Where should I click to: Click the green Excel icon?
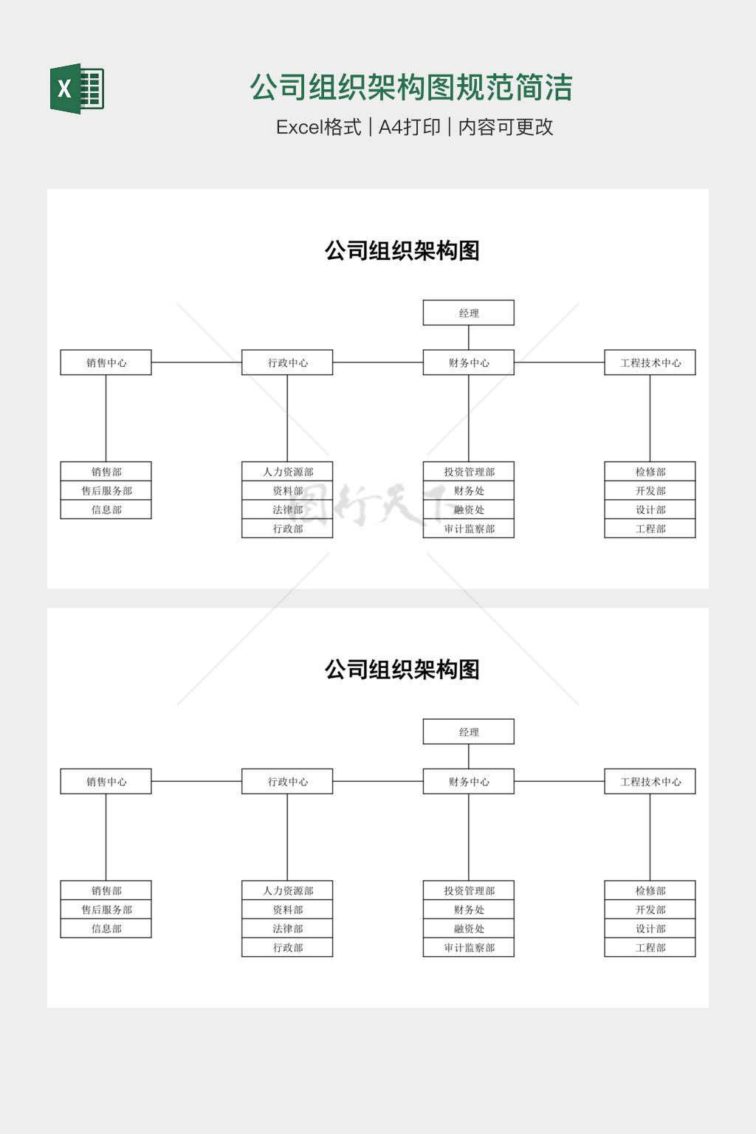pyautogui.click(x=77, y=89)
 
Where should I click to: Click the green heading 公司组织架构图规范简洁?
pyautogui.click(x=411, y=87)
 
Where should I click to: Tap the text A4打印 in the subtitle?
pyautogui.click(x=409, y=127)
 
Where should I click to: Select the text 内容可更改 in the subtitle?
pyautogui.click(x=506, y=127)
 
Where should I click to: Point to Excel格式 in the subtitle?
pyautogui.click(x=318, y=127)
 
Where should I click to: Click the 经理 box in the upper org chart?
pyautogui.click(x=468, y=313)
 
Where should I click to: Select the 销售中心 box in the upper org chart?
pyautogui.click(x=106, y=362)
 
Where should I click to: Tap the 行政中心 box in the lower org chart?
pyautogui.click(x=287, y=782)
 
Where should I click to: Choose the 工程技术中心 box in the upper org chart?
pyautogui.click(x=650, y=362)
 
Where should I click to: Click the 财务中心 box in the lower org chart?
pyautogui.click(x=468, y=782)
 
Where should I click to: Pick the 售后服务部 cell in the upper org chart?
pyautogui.click(x=106, y=491)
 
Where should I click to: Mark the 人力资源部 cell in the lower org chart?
pyautogui.click(x=287, y=891)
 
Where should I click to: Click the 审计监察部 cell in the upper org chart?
pyautogui.click(x=468, y=529)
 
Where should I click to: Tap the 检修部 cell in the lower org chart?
pyautogui.click(x=650, y=891)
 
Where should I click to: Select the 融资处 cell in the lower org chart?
pyautogui.click(x=468, y=929)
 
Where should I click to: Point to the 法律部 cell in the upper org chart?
pyautogui.click(x=287, y=509)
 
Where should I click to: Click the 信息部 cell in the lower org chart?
pyautogui.click(x=106, y=929)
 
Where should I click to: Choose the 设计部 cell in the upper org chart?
pyautogui.click(x=650, y=509)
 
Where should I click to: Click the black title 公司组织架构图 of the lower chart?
pyautogui.click(x=402, y=670)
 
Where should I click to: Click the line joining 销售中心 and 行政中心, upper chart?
pyautogui.click(x=196, y=362)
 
